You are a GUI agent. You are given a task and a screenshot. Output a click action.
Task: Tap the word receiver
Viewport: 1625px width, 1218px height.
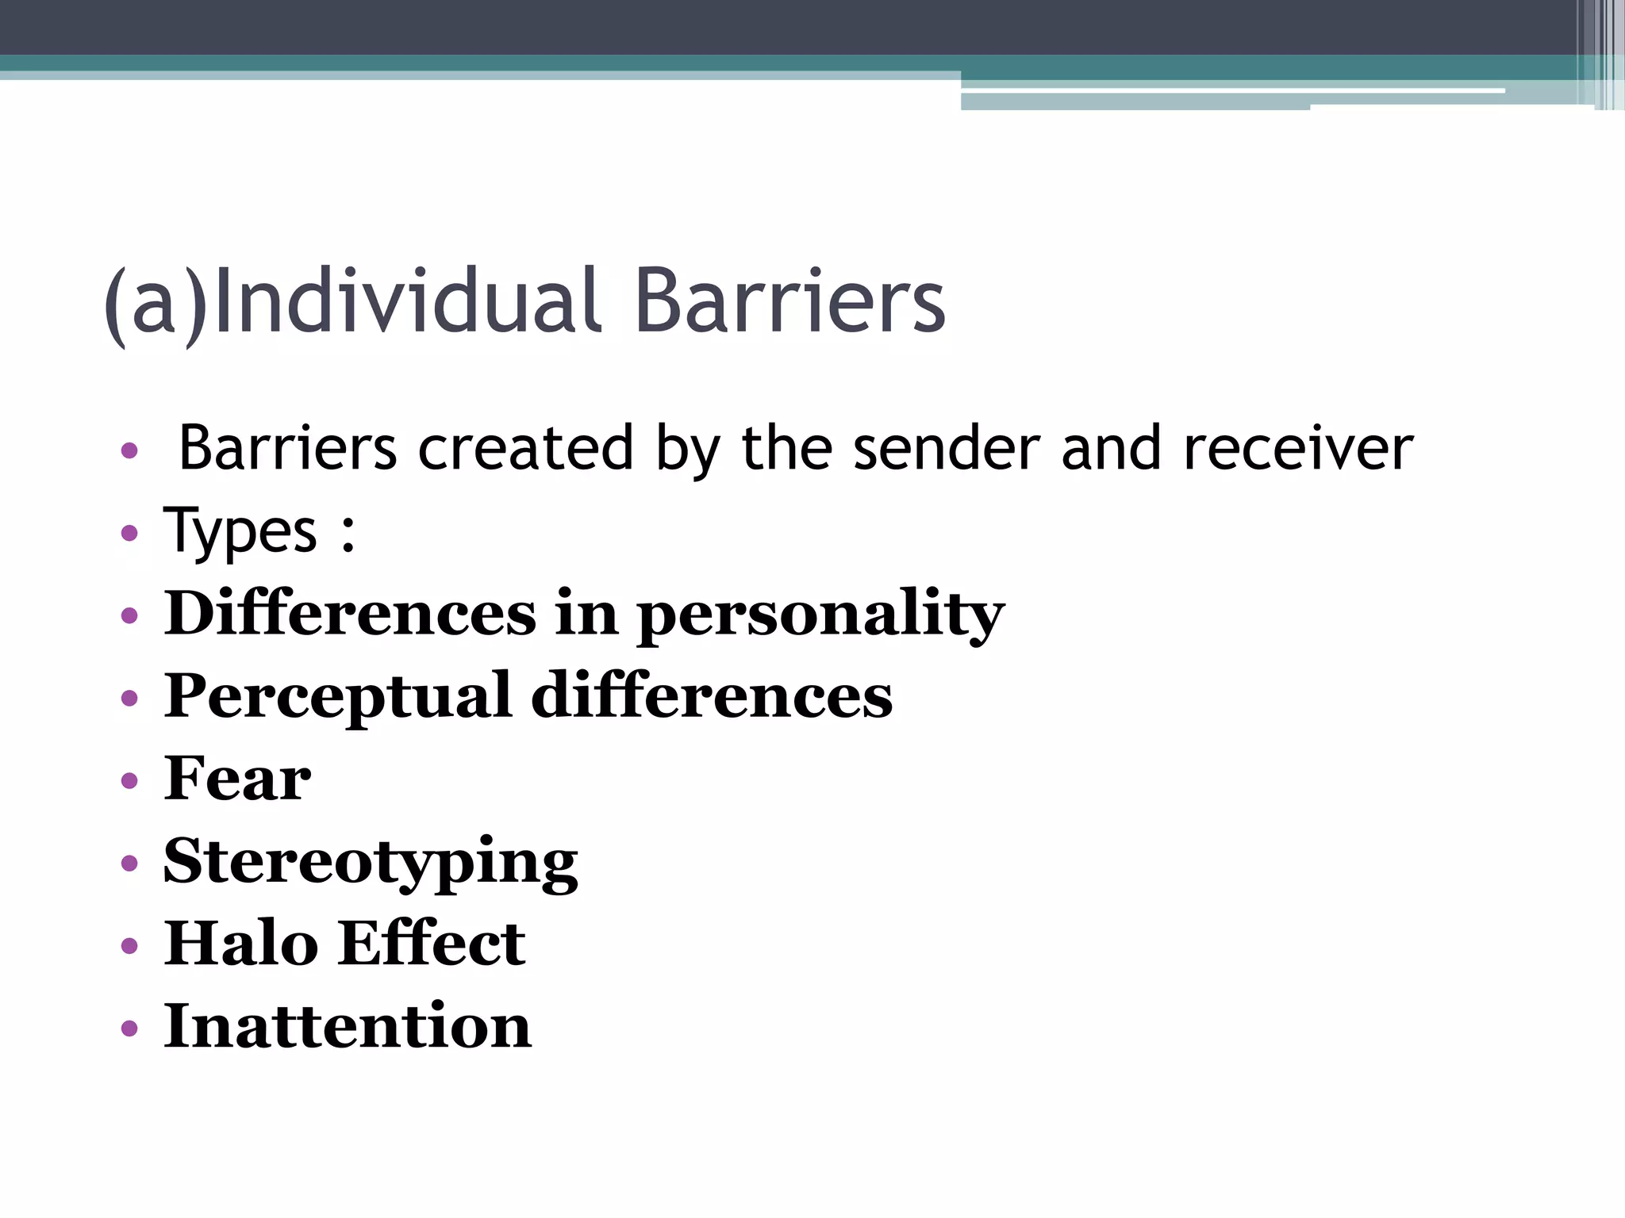[x=1298, y=449]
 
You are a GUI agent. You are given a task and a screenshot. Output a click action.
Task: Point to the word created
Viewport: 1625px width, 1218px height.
[x=525, y=449]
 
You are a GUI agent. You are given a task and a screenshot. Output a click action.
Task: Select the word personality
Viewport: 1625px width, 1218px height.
[x=820, y=615]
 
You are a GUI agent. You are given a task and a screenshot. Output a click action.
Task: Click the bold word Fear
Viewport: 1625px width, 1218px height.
[x=237, y=779]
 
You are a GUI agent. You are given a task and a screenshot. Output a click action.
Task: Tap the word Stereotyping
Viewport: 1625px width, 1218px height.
[x=371, y=863]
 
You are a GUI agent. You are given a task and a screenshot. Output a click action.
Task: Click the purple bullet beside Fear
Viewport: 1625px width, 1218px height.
[x=129, y=781]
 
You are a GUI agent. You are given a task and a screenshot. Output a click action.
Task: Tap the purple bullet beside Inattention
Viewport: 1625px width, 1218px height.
[x=129, y=1029]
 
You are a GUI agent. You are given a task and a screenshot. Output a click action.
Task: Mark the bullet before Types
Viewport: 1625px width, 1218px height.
[x=129, y=533]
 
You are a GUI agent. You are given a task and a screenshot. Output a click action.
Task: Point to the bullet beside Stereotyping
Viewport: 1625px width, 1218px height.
[x=129, y=864]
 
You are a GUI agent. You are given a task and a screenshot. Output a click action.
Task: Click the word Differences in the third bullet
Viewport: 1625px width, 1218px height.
[x=350, y=614]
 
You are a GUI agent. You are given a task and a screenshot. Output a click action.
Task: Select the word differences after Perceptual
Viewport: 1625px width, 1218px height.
[x=712, y=696]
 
